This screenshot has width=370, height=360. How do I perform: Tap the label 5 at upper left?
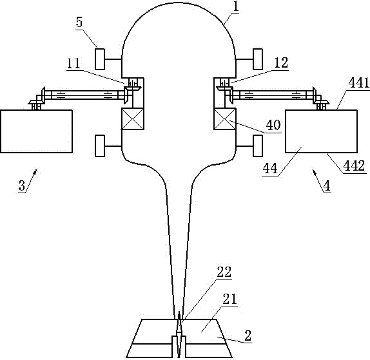tap(79, 23)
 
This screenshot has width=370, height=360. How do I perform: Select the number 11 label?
tap(73, 63)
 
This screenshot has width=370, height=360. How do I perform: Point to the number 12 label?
tap(282, 62)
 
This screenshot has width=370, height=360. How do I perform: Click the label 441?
tap(358, 82)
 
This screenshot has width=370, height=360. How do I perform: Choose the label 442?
tap(354, 166)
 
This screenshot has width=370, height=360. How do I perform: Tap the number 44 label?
tap(271, 168)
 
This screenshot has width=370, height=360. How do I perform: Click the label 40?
tap(274, 125)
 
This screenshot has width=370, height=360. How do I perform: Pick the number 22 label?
tap(224, 272)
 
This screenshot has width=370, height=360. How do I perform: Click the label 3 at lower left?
tap(22, 185)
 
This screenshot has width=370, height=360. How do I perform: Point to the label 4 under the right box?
tap(327, 186)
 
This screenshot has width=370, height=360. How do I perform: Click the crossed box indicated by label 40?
tap(224, 119)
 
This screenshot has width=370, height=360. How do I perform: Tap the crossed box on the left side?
tap(133, 119)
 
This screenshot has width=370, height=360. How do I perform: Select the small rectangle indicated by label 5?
tap(100, 59)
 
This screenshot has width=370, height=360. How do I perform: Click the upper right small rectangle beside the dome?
tap(258, 59)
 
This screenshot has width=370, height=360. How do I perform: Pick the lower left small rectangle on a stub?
tap(100, 146)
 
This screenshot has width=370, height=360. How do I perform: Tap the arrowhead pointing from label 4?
tap(314, 172)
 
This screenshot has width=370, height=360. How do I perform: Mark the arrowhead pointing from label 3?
tap(35, 171)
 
